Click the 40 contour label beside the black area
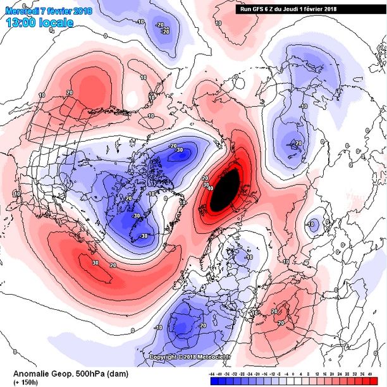(x=210, y=187)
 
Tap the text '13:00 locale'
(x=39, y=22)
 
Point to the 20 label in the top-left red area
(x=68, y=92)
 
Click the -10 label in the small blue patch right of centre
(x=311, y=224)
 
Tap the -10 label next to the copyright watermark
(x=158, y=328)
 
